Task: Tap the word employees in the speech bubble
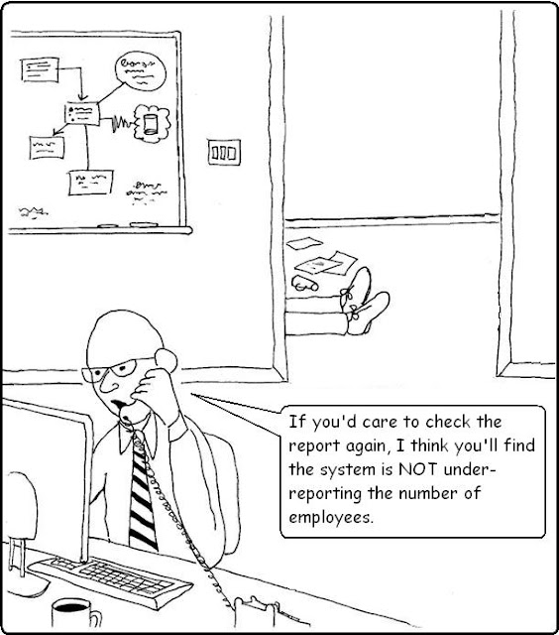[329, 518]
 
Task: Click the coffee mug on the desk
[75, 616]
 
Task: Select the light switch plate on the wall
[224, 152]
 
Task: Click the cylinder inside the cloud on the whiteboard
[150, 124]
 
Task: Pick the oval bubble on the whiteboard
[141, 70]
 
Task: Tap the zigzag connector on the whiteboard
[121, 122]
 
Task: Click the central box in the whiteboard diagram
[82, 113]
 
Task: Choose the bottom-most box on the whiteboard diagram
[90, 183]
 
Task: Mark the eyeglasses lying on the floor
[304, 284]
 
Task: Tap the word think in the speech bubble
[429, 445]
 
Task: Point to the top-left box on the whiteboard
[40, 69]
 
